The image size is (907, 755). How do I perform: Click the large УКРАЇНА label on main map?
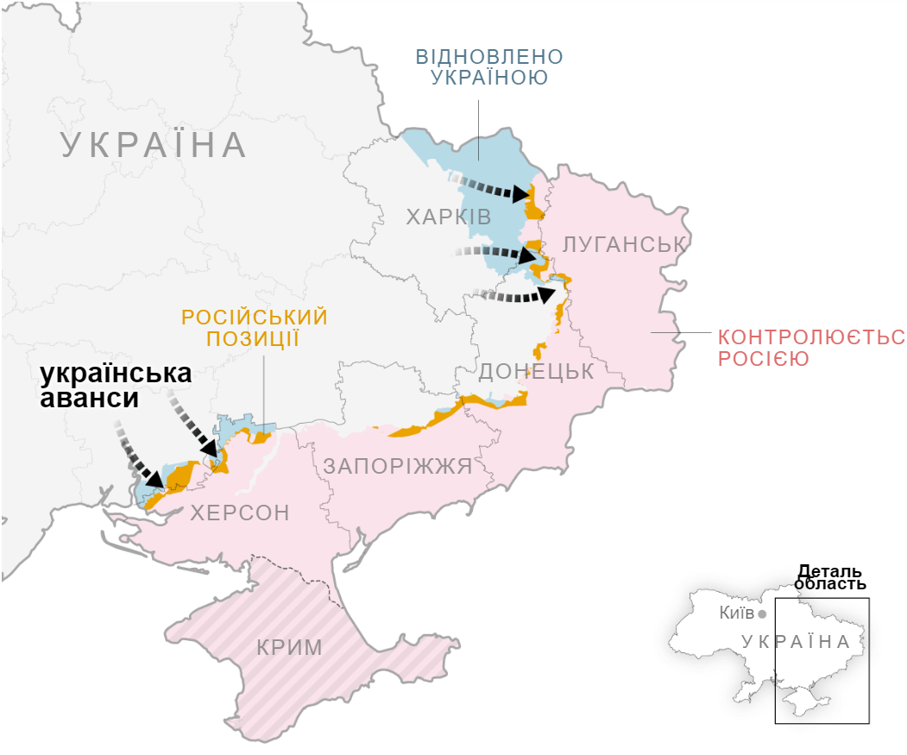tap(154, 145)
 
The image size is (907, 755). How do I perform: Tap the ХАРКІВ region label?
tap(449, 217)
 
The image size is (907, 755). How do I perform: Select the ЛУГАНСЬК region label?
tap(624, 244)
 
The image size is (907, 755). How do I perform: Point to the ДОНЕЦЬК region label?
tap(536, 371)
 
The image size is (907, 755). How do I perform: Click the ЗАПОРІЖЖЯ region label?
tap(398, 467)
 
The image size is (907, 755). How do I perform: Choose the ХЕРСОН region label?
tap(240, 513)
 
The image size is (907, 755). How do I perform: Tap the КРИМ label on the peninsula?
tap(289, 647)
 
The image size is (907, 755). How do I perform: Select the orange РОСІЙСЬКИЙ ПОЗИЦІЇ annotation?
tap(254, 328)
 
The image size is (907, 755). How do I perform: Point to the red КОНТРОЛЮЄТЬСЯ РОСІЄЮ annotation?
tap(811, 347)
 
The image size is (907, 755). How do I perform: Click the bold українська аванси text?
tap(116, 387)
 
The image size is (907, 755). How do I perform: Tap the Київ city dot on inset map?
tap(762, 614)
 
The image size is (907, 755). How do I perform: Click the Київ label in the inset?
tap(736, 614)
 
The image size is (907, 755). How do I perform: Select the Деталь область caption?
tap(829, 577)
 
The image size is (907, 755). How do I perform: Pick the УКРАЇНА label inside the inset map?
tap(796, 642)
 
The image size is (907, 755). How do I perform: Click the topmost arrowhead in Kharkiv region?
tap(521, 193)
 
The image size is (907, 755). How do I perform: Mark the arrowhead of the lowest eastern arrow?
tap(546, 294)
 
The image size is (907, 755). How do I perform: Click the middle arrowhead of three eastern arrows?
tap(528, 255)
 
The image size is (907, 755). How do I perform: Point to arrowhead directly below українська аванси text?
tap(209, 448)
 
